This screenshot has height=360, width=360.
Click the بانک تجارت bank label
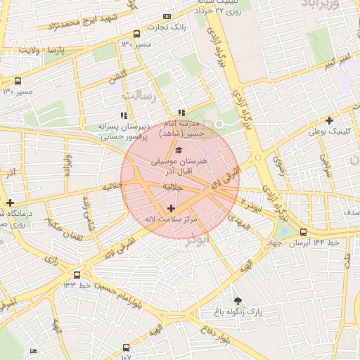172,27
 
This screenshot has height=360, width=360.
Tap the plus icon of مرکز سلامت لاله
171,208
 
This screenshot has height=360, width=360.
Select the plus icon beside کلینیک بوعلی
329,120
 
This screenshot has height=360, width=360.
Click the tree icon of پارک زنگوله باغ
237,300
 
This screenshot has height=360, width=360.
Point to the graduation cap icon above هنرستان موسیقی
178,150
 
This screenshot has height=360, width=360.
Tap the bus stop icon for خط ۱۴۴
303,232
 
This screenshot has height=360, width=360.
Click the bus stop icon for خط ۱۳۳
77,275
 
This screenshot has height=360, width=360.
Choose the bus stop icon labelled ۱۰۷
126,347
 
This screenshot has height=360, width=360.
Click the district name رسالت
138,94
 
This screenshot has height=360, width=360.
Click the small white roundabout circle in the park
219,124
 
